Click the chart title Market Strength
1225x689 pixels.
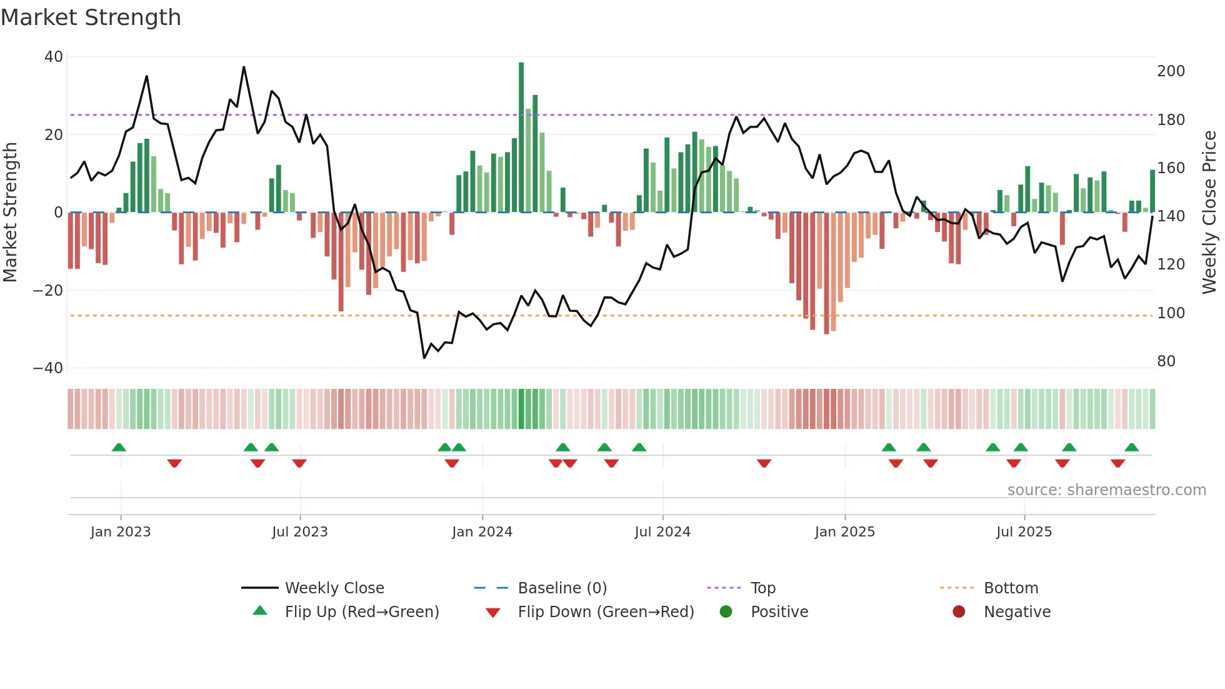point(91,18)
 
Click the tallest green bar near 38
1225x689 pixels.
point(521,138)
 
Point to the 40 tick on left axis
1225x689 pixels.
point(54,57)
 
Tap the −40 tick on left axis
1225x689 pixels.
point(48,368)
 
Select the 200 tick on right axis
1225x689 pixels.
point(1171,71)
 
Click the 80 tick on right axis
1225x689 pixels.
point(1166,361)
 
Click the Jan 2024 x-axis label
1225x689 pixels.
point(482,532)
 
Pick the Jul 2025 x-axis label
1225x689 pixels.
point(1024,532)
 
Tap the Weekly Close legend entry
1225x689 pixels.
point(334,588)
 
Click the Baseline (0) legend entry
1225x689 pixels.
point(562,588)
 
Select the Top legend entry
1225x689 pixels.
point(762,588)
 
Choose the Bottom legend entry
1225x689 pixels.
point(1011,588)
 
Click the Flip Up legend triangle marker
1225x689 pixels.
point(260,611)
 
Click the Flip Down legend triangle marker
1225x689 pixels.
point(492,613)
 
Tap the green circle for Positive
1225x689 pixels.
point(726,611)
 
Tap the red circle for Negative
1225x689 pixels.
point(959,611)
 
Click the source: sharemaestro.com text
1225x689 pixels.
point(1106,490)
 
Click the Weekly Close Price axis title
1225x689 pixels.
point(1209,213)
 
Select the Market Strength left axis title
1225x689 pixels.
point(10,213)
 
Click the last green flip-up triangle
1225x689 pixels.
point(1131,447)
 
